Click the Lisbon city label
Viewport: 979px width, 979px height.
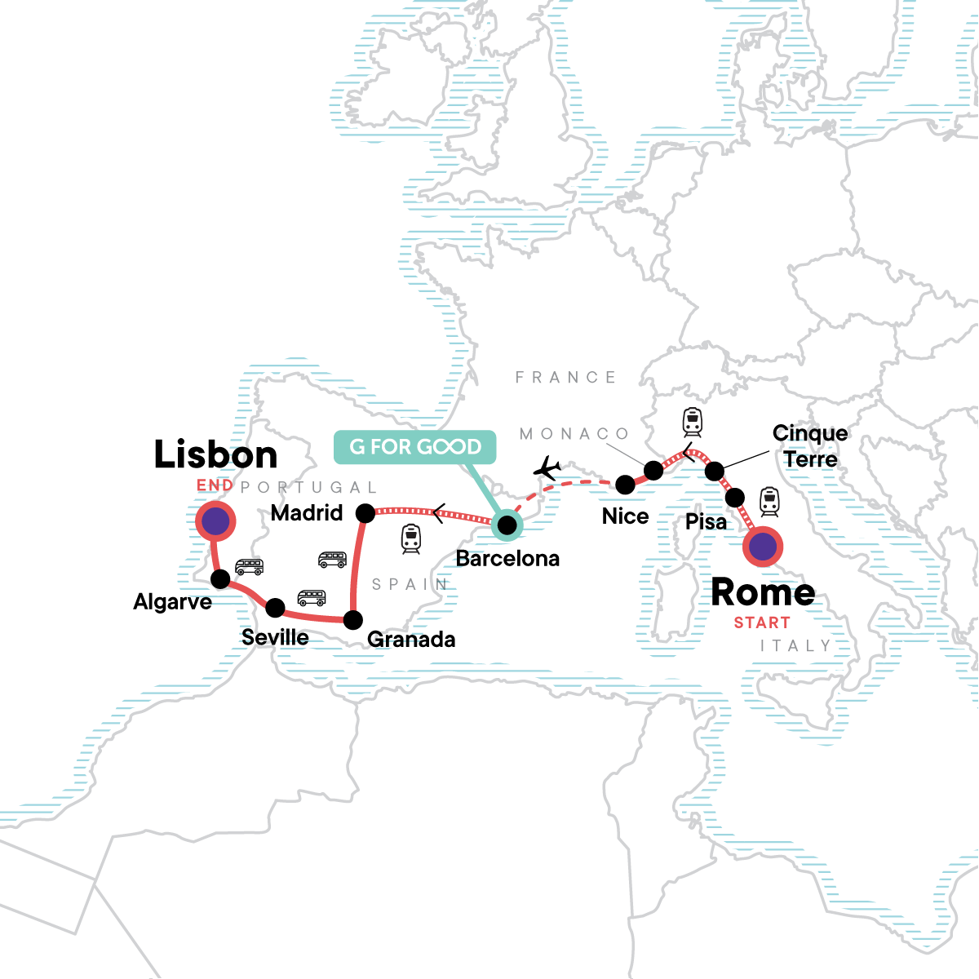pos(216,454)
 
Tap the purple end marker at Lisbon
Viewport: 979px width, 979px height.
pos(215,521)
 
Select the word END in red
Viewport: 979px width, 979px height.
pos(215,485)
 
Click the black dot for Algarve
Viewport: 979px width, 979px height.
pos(220,579)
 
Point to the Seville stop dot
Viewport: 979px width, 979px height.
pos(276,608)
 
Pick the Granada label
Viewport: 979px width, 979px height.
pos(411,639)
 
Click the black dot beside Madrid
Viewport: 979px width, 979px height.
pos(365,512)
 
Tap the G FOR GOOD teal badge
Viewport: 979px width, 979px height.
pos(415,446)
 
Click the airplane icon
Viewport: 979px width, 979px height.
pos(547,469)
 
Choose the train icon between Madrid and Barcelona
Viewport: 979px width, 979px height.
pos(411,538)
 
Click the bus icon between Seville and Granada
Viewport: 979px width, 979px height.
pos(312,598)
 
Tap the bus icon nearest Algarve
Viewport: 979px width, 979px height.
pos(249,567)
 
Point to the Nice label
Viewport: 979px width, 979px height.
pos(625,516)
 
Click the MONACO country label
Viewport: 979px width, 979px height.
pos(574,434)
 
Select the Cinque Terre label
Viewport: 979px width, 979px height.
pos(810,446)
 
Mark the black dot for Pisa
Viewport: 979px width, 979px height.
pos(734,497)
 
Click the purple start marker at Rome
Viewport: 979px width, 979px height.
pos(763,547)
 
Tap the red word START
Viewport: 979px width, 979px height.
pos(762,622)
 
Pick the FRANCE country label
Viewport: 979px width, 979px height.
pos(565,377)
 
